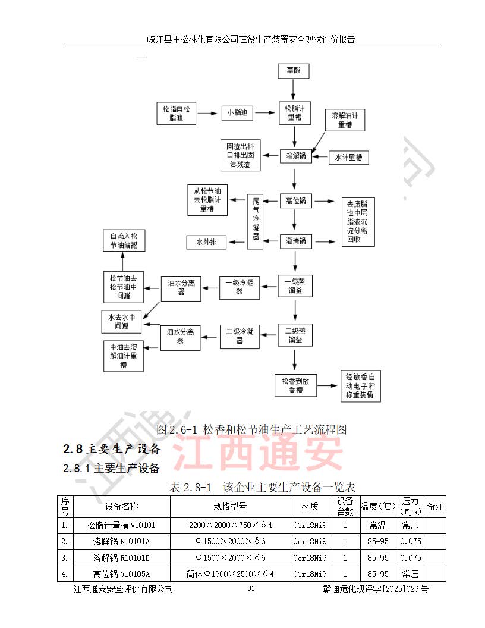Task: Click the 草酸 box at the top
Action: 294,71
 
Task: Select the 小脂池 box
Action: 237,112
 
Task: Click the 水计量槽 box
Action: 349,158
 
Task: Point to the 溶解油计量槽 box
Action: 345,121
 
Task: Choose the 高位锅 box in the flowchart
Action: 295,201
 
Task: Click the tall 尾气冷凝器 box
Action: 256,222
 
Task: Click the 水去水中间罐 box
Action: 122,322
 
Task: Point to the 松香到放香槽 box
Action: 295,385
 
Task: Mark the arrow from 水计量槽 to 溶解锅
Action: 322,157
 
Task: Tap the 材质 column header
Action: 310,507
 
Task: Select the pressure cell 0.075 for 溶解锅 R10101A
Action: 410,541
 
